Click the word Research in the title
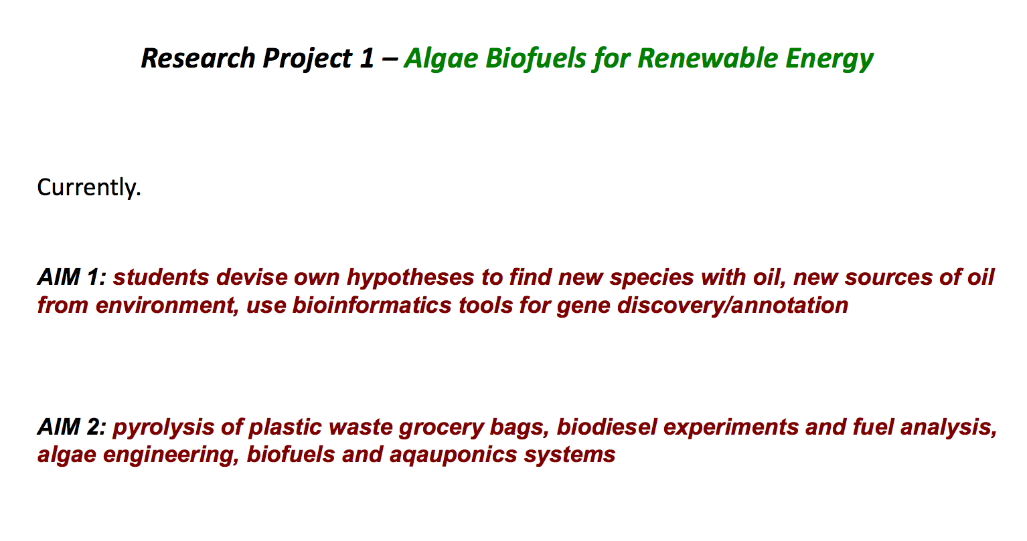point(198,58)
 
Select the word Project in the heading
point(308,60)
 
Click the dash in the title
point(389,60)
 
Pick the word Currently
point(89,187)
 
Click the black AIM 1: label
point(72,277)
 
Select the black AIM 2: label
point(72,427)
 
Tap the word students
point(161,277)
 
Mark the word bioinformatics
point(372,305)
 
